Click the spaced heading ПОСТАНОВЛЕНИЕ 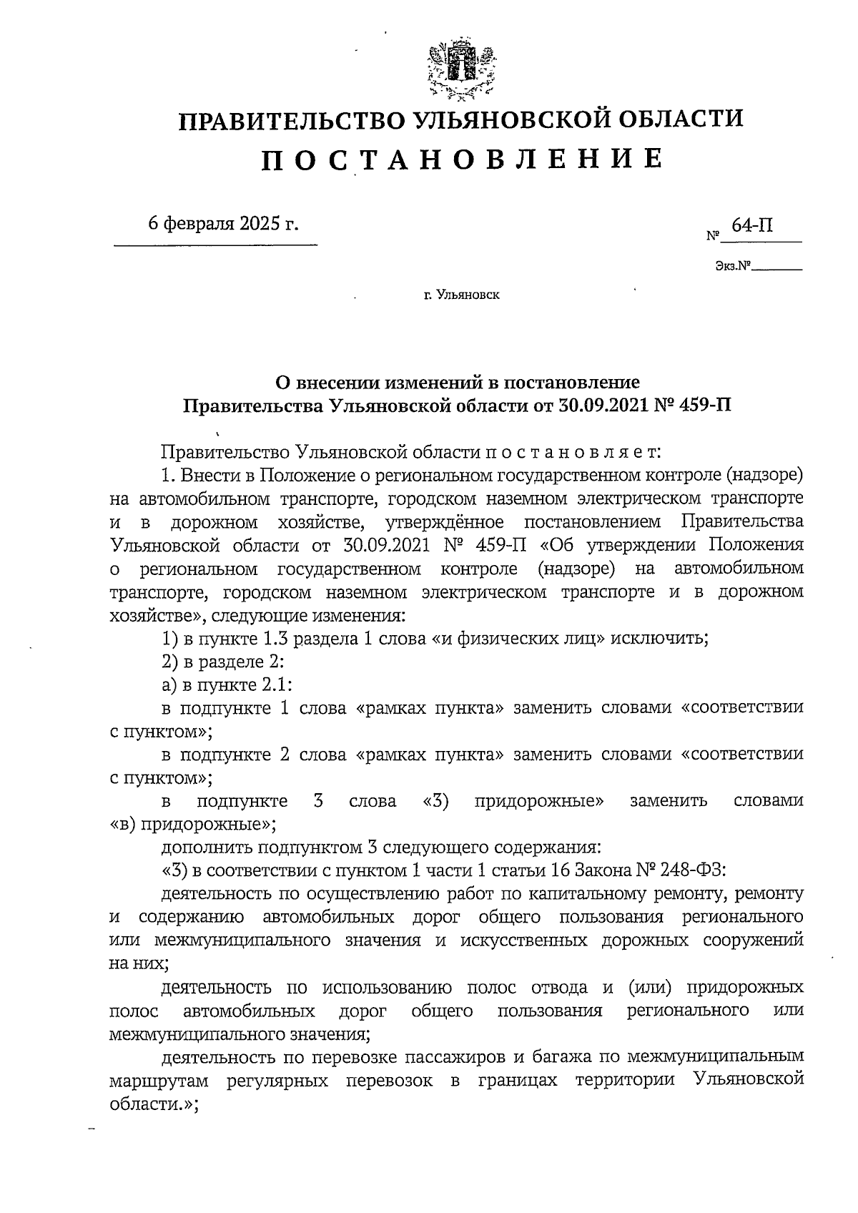pos(461,159)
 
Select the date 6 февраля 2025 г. pos(222,223)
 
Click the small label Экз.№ pos(732,267)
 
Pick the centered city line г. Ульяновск pos(461,294)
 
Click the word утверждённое pos(443,521)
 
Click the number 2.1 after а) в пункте pos(275,684)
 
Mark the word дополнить pos(207,848)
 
